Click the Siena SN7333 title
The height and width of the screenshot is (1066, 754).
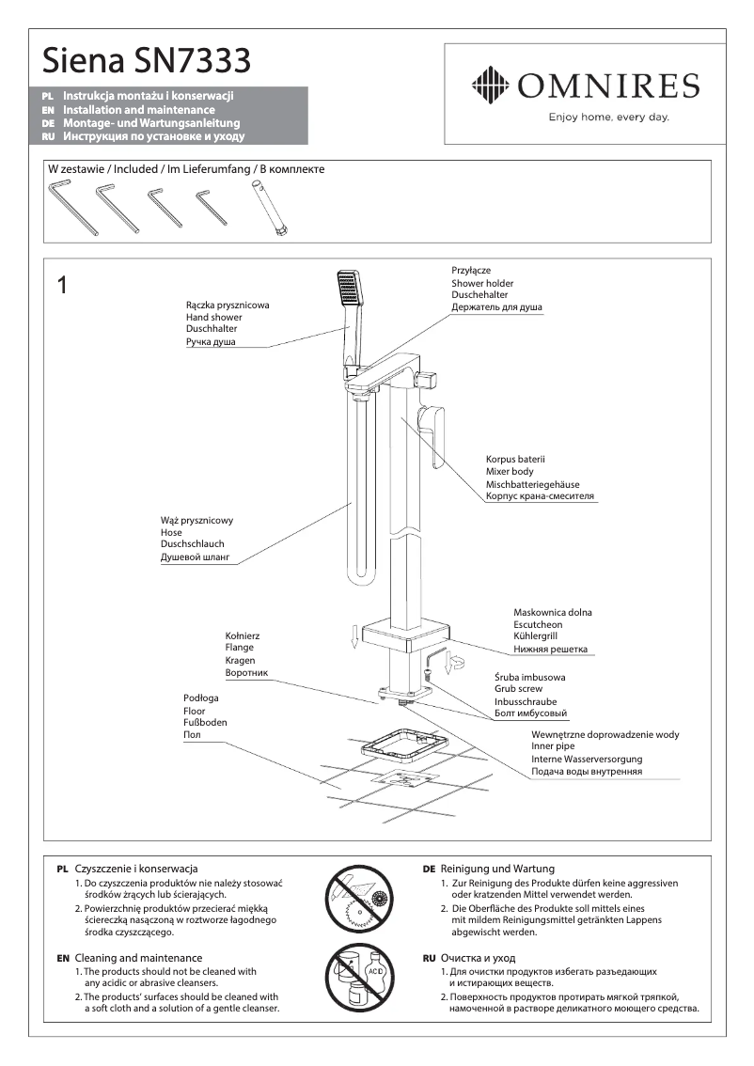tap(147, 62)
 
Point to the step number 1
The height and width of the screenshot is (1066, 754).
tap(62, 286)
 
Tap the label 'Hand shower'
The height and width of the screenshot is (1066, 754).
tap(213, 318)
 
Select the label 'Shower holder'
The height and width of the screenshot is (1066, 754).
tap(482, 283)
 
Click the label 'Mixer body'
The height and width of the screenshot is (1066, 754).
tap(510, 471)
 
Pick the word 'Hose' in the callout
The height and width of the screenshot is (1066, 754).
tap(172, 532)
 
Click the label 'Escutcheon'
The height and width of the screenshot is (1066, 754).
tap(538, 624)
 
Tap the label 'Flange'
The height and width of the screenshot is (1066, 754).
tap(240, 648)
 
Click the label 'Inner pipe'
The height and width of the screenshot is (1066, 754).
tap(556, 746)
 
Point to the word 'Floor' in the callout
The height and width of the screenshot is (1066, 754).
tap(195, 712)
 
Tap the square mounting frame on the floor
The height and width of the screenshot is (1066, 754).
tap(401, 750)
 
